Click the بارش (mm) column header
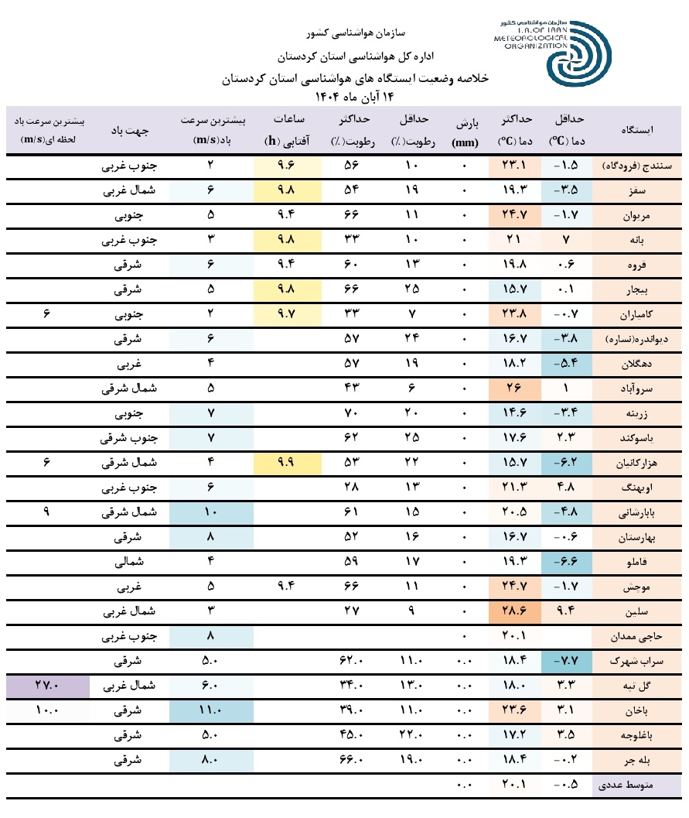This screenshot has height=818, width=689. (464, 130)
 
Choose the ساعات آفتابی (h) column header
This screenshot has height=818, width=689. (289, 130)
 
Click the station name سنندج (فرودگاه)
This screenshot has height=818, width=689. (637, 166)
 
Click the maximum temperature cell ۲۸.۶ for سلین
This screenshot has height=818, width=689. (516, 611)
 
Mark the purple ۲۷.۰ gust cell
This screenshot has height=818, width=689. (47, 685)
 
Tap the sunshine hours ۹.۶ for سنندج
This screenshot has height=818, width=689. (288, 166)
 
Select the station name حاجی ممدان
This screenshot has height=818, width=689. (637, 637)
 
